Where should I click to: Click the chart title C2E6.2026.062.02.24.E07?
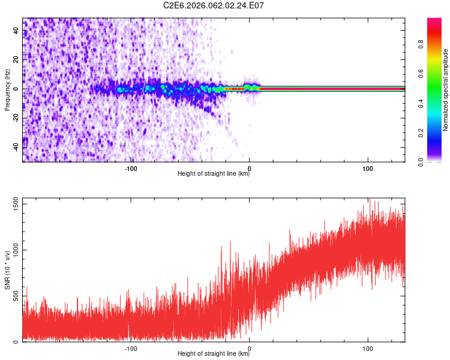(214, 5)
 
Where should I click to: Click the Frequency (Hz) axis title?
(7, 89)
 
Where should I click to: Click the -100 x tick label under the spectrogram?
(131, 167)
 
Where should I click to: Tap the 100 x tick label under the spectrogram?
(367, 167)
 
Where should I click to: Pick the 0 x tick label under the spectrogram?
(250, 167)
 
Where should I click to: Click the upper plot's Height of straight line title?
(214, 174)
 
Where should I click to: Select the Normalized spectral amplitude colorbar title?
(446, 90)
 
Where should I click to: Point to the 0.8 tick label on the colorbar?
(421, 44)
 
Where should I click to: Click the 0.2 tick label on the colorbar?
(421, 133)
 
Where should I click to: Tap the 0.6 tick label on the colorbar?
(421, 73)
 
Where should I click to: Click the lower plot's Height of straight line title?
(214, 354)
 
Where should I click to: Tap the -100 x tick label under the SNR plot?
(131, 347)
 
